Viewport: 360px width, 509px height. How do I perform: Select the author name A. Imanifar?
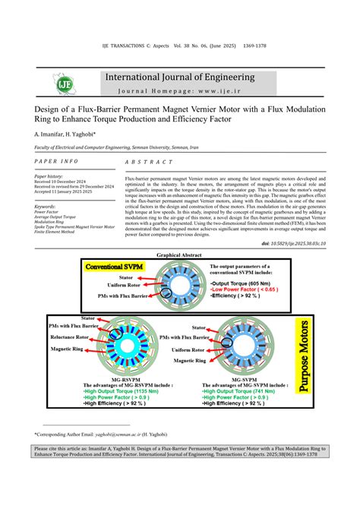(50, 134)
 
